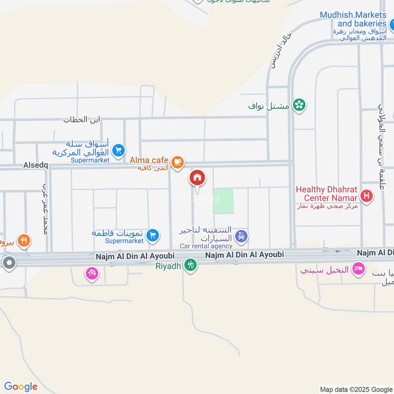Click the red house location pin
(x=197, y=178)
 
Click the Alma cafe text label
(x=149, y=161)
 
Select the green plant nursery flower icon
(x=298, y=104)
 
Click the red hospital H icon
(x=366, y=197)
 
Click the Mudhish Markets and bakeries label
(x=353, y=19)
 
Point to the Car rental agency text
(x=206, y=246)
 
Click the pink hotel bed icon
(x=359, y=268)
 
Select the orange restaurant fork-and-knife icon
(x=24, y=240)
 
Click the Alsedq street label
(x=35, y=166)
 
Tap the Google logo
(x=21, y=387)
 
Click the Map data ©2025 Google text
(x=356, y=389)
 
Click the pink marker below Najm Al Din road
(x=92, y=273)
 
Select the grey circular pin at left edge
(x=8, y=263)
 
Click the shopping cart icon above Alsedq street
(x=118, y=150)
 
